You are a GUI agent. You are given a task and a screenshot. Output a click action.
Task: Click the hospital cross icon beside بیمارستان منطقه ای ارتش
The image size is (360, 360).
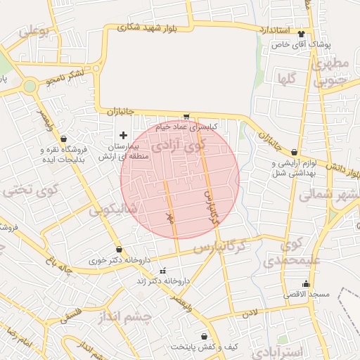pos(124,134)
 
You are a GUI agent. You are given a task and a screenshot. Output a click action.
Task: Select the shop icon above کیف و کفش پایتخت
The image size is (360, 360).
pos(204,337)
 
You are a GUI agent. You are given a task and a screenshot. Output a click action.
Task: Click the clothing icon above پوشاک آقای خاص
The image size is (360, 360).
pos(302,34)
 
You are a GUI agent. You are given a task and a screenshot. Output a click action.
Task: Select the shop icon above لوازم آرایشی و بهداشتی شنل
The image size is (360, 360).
pos(294,153)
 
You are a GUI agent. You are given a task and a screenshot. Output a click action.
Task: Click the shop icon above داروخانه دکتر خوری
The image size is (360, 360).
pos(119,249)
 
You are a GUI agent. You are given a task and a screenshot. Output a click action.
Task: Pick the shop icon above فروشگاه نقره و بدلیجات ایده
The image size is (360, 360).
pos(64,139)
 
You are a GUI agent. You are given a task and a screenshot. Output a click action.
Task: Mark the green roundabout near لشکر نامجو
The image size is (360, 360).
pos(30,86)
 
